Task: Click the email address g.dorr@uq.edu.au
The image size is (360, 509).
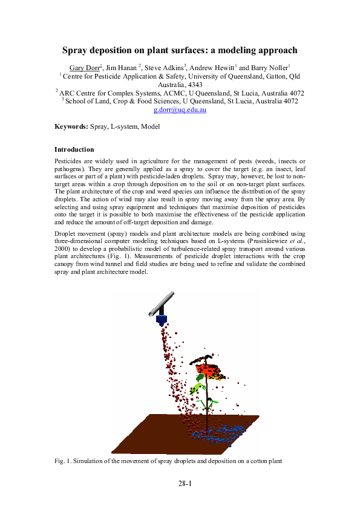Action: (180, 110)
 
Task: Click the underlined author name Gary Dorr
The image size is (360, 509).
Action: (82, 67)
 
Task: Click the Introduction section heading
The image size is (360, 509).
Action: (74, 149)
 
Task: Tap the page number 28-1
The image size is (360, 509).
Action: (184, 484)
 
